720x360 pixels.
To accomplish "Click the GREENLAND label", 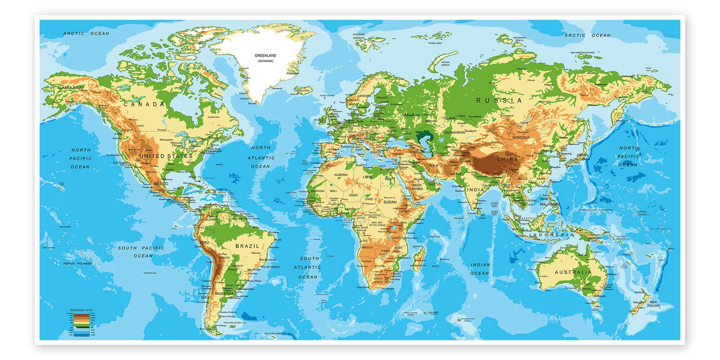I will click(x=265, y=56).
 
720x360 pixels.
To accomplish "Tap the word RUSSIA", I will click(x=499, y=100).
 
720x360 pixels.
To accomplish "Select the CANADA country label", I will click(x=144, y=104).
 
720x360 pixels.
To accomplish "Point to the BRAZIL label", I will click(x=247, y=246).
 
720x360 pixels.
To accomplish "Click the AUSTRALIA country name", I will click(x=573, y=272).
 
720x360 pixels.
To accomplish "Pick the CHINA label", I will click(x=507, y=159).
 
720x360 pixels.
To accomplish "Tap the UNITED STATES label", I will click(x=166, y=156).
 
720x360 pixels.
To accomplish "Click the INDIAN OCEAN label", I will click(x=480, y=269).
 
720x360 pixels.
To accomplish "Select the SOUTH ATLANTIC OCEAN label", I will click(x=307, y=267).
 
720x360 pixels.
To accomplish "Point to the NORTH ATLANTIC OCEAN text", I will click(x=261, y=157).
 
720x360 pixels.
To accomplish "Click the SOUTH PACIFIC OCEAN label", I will click(x=141, y=252).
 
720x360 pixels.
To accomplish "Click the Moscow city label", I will click(x=412, y=115).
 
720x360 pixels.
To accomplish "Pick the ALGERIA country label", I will click(x=341, y=175).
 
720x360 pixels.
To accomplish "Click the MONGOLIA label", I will click(x=521, y=138).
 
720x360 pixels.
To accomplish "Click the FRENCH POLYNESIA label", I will click(x=78, y=264).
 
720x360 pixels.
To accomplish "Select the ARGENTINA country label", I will click(x=224, y=294).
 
